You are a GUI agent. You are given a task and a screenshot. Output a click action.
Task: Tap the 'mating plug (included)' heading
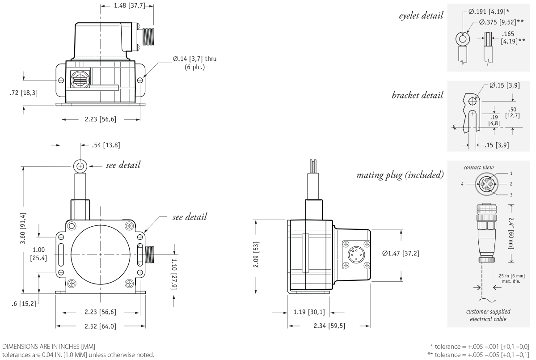pos(400,174)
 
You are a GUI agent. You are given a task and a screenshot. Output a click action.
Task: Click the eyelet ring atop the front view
pos(80,166)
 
